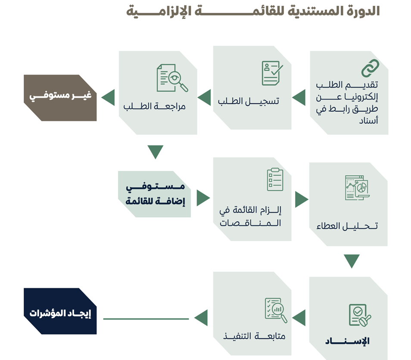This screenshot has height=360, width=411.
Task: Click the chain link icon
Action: [x=370, y=68]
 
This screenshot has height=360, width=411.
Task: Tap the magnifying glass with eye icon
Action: [x=172, y=78]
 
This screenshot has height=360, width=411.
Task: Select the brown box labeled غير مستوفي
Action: [x=60, y=98]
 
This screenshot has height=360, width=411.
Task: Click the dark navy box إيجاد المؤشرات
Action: [x=60, y=311]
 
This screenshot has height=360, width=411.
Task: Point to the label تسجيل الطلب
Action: [x=249, y=101]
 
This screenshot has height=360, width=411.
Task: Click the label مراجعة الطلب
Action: [x=154, y=106]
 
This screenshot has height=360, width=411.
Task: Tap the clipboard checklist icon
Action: [x=275, y=180]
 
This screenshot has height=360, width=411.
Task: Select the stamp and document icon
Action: [x=360, y=315]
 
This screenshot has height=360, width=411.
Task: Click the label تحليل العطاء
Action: [x=347, y=226]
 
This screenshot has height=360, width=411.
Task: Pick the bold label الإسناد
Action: [x=347, y=341]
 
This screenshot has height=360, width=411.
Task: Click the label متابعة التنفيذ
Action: [x=254, y=336]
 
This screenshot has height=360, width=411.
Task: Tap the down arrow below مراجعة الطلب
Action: [x=156, y=152]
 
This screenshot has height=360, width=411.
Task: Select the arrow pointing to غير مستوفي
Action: [x=108, y=97]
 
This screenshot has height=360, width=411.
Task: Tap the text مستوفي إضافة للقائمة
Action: [x=155, y=194]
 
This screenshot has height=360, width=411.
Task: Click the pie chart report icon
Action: [x=357, y=188]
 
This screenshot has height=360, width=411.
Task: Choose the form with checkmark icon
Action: [x=272, y=73]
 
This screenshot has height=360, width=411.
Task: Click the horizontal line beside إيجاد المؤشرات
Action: [x=146, y=319]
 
